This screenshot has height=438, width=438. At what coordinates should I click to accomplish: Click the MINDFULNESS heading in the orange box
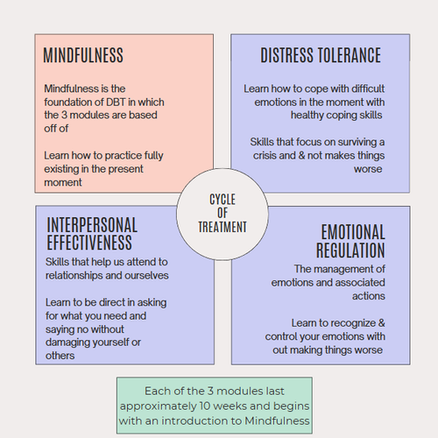point(83,56)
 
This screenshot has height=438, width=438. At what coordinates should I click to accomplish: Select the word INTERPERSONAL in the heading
point(92,224)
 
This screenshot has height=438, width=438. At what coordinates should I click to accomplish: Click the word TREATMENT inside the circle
point(223,227)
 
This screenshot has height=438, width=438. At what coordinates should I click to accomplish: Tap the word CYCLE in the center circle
point(223,199)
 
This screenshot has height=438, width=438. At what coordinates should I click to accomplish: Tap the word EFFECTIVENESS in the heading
point(89,243)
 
